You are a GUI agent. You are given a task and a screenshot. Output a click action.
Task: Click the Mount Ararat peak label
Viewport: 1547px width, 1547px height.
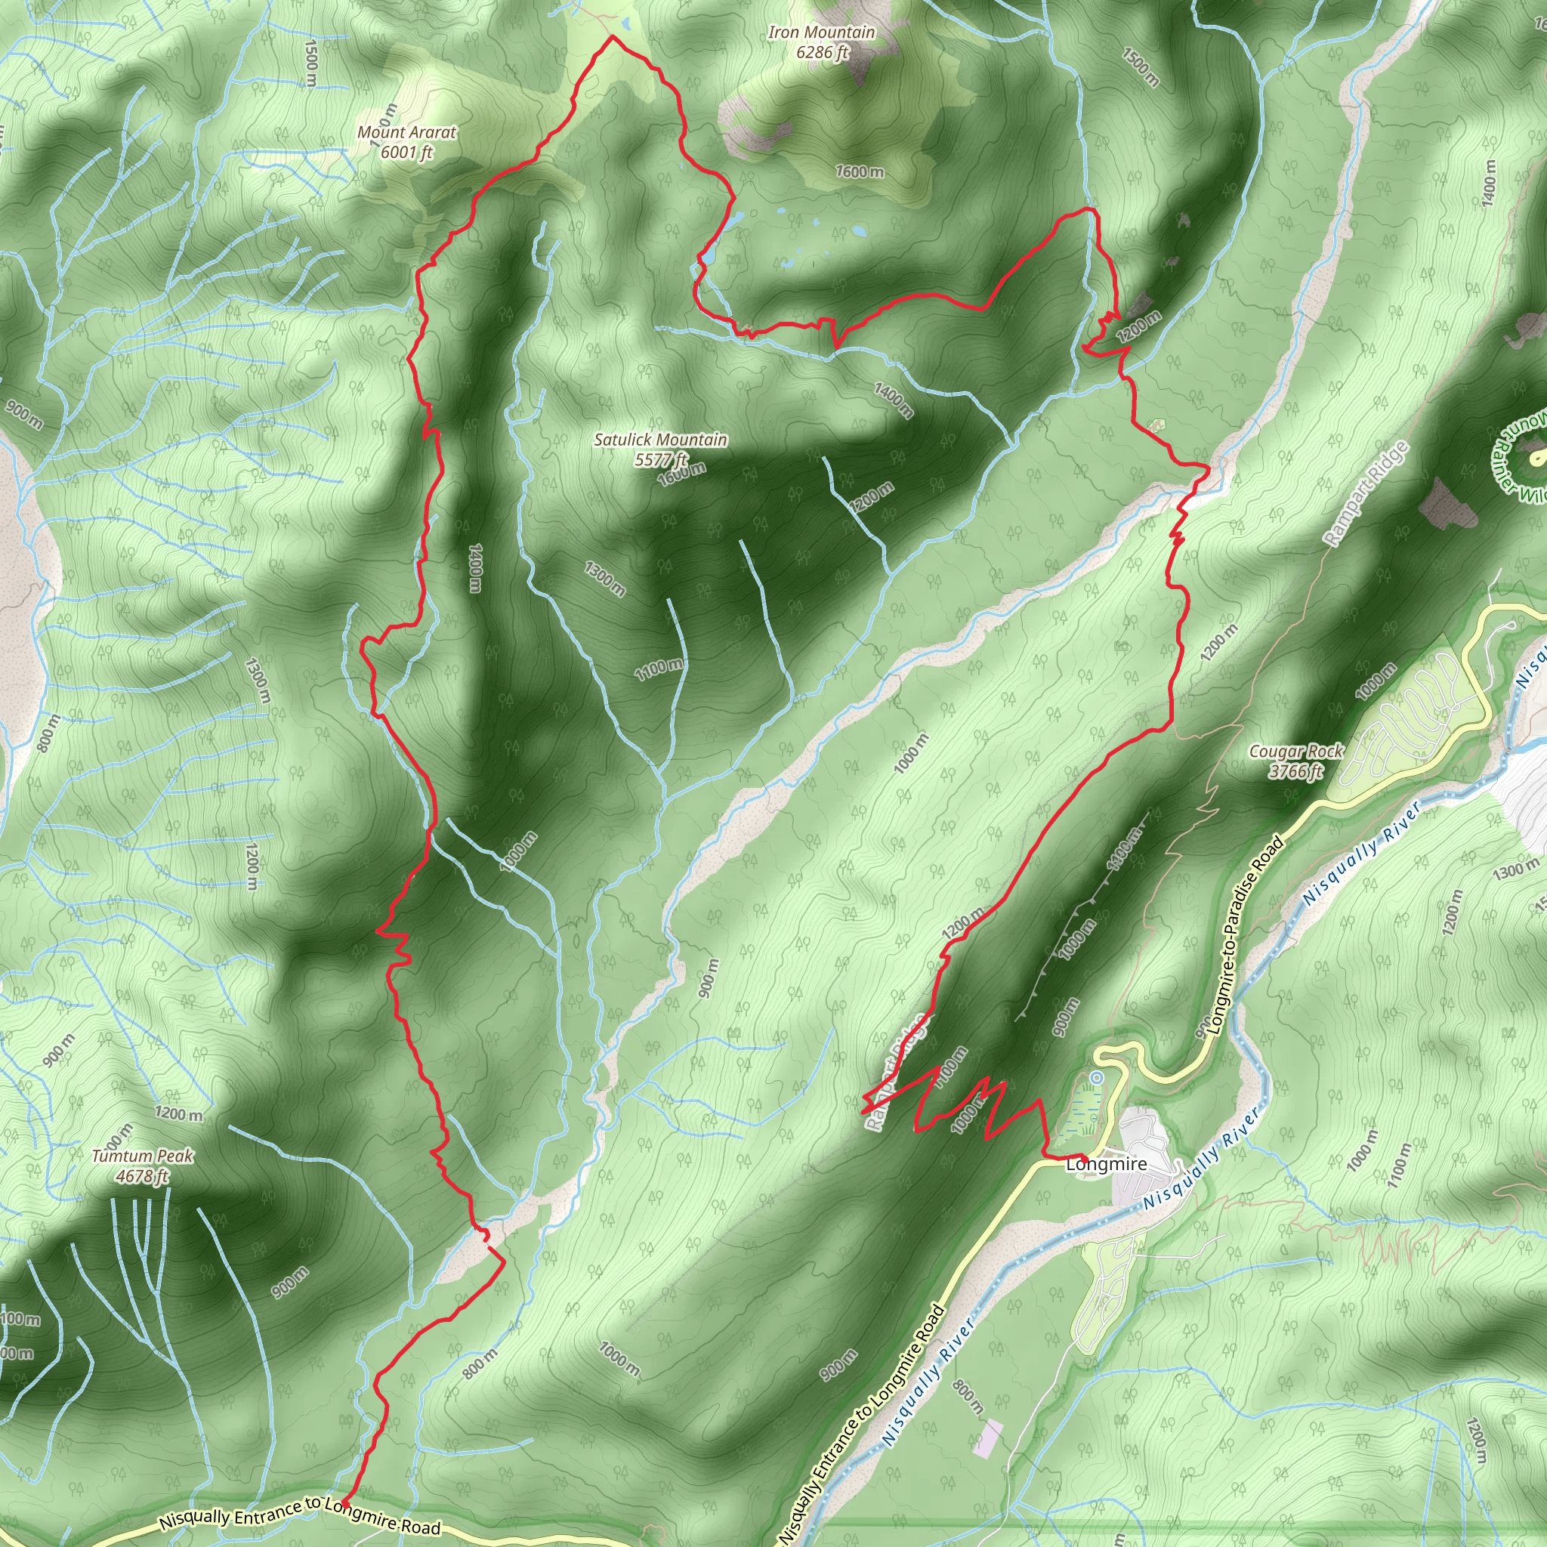[x=407, y=132]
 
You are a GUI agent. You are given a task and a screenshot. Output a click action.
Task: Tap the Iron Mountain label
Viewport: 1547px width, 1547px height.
[x=822, y=32]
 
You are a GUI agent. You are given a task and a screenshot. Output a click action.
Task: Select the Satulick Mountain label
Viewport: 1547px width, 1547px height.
[x=661, y=440]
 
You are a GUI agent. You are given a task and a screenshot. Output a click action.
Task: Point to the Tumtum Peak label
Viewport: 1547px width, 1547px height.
[x=142, y=1156]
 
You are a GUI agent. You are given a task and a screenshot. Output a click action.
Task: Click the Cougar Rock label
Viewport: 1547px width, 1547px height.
[x=1296, y=752]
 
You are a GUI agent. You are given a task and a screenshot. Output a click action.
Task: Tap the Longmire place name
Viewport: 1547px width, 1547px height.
[x=1107, y=1164]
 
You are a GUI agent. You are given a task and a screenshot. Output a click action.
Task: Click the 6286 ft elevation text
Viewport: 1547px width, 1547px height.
[x=823, y=53]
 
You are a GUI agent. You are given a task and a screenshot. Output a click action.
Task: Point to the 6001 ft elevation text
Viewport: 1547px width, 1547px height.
[x=407, y=152]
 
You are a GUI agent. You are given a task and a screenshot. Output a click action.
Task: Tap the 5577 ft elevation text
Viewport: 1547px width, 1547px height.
[x=661, y=459]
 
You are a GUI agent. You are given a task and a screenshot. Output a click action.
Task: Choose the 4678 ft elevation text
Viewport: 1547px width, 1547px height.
[x=142, y=1176]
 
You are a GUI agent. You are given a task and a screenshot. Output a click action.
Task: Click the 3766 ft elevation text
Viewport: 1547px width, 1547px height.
[x=1296, y=771]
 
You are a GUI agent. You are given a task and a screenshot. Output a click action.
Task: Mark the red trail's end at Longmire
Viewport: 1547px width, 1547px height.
[x=1085, y=1159]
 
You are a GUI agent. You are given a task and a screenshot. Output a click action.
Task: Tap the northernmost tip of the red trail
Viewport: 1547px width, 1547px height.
[x=613, y=36]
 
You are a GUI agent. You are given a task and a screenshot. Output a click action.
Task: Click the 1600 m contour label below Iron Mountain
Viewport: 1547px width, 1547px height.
[x=860, y=171]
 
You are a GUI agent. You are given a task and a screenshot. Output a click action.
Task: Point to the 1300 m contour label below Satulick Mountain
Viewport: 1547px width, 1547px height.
[x=604, y=578]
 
